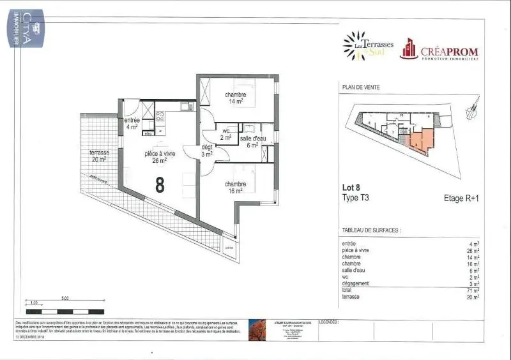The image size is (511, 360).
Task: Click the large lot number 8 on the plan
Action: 160,184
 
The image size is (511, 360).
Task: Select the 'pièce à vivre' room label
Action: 160,156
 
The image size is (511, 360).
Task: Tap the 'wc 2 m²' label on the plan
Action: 226,134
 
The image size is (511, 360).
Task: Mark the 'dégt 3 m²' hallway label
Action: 207,151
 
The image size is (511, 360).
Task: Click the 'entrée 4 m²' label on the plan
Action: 132,123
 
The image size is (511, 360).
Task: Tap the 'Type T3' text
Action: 356,198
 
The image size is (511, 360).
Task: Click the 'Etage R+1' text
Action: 461,199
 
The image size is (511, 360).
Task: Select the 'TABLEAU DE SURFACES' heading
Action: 372,230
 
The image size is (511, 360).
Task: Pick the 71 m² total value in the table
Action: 472,290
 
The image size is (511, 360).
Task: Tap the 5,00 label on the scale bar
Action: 65,298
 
